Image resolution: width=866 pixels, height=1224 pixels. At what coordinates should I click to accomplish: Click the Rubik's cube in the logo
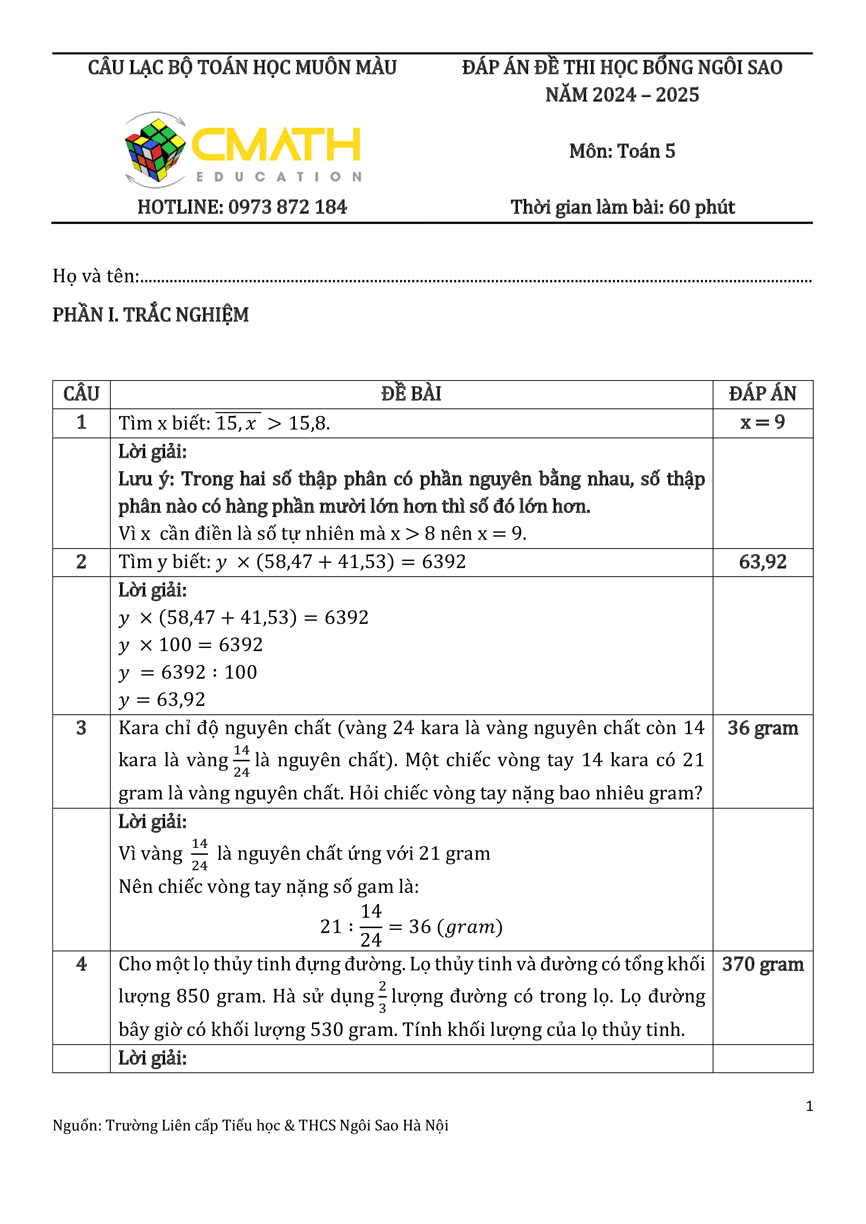pyautogui.click(x=155, y=150)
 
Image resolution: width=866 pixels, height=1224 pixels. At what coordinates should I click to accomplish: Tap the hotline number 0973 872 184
pyautogui.click(x=287, y=207)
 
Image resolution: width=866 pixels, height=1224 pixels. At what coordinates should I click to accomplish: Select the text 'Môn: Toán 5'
pyautogui.click(x=622, y=151)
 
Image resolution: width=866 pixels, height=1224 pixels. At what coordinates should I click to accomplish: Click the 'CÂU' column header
pyautogui.click(x=81, y=394)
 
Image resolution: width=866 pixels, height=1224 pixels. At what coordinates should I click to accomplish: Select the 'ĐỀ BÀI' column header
pyautogui.click(x=411, y=394)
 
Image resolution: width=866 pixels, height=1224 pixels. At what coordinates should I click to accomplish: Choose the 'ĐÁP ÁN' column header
pyautogui.click(x=763, y=394)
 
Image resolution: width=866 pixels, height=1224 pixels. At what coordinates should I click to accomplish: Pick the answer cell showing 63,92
pyautogui.click(x=763, y=562)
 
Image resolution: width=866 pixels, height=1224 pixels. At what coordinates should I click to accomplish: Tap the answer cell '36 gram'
pyautogui.click(x=763, y=728)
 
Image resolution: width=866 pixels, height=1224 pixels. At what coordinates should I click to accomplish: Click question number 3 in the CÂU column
pyautogui.click(x=81, y=728)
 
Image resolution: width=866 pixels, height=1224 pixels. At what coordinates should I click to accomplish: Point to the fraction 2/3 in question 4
pyautogui.click(x=382, y=997)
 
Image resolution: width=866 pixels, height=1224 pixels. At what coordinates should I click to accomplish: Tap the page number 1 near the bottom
pyautogui.click(x=809, y=1106)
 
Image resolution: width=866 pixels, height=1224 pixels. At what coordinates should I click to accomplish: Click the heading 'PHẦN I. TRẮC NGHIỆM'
pyautogui.click(x=150, y=315)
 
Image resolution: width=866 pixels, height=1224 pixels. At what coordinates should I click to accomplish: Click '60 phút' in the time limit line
pyautogui.click(x=702, y=207)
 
